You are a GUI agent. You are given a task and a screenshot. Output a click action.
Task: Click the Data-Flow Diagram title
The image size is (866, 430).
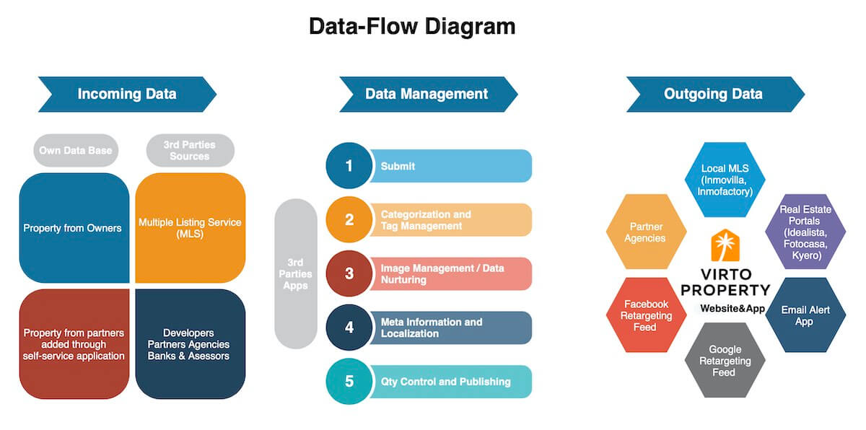412,27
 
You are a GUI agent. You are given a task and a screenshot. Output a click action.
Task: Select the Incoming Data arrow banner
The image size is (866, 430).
127,94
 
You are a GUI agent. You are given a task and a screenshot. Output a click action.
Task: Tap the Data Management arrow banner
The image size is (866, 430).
427,94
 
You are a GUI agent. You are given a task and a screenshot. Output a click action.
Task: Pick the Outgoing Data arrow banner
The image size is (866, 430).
714,94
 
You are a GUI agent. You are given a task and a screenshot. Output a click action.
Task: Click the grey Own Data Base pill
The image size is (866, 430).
76,150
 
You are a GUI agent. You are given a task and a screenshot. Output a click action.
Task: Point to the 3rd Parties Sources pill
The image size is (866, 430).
191,150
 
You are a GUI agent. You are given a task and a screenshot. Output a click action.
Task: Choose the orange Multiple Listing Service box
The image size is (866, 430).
191,228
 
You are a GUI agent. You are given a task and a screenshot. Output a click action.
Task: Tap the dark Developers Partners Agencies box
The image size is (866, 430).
191,344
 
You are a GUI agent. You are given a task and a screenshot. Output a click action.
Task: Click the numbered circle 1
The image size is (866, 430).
349,166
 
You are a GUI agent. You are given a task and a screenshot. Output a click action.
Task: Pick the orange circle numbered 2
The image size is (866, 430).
349,220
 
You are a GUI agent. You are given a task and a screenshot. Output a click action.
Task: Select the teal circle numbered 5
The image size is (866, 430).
349,382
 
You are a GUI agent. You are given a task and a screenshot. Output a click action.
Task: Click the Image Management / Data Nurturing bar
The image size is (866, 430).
451,274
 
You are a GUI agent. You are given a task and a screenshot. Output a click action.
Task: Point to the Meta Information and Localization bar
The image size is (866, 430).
451,328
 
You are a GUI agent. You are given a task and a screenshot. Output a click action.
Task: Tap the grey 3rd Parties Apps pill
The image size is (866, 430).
296,274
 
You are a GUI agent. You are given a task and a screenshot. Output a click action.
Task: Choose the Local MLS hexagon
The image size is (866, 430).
725,180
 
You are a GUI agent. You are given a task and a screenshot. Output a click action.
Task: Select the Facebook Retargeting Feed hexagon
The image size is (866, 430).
646,315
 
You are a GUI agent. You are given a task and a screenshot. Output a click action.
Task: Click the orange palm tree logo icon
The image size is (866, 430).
724,245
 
